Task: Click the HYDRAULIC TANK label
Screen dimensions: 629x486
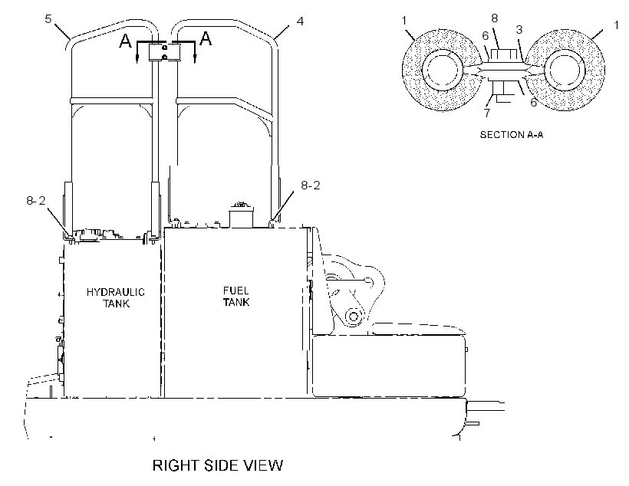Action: tap(116, 297)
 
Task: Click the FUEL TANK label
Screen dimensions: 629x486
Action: tap(236, 297)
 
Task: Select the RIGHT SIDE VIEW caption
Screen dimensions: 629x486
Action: tap(218, 465)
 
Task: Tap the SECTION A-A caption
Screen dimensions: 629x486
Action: tap(512, 135)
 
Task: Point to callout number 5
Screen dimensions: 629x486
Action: tap(48, 19)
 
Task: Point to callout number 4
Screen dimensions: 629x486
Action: tap(300, 21)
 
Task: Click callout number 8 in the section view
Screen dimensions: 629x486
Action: tap(495, 18)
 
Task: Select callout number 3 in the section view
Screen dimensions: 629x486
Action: tap(519, 30)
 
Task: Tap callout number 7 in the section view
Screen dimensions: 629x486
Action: tap(487, 113)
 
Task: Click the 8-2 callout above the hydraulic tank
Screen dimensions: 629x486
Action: tap(36, 201)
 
